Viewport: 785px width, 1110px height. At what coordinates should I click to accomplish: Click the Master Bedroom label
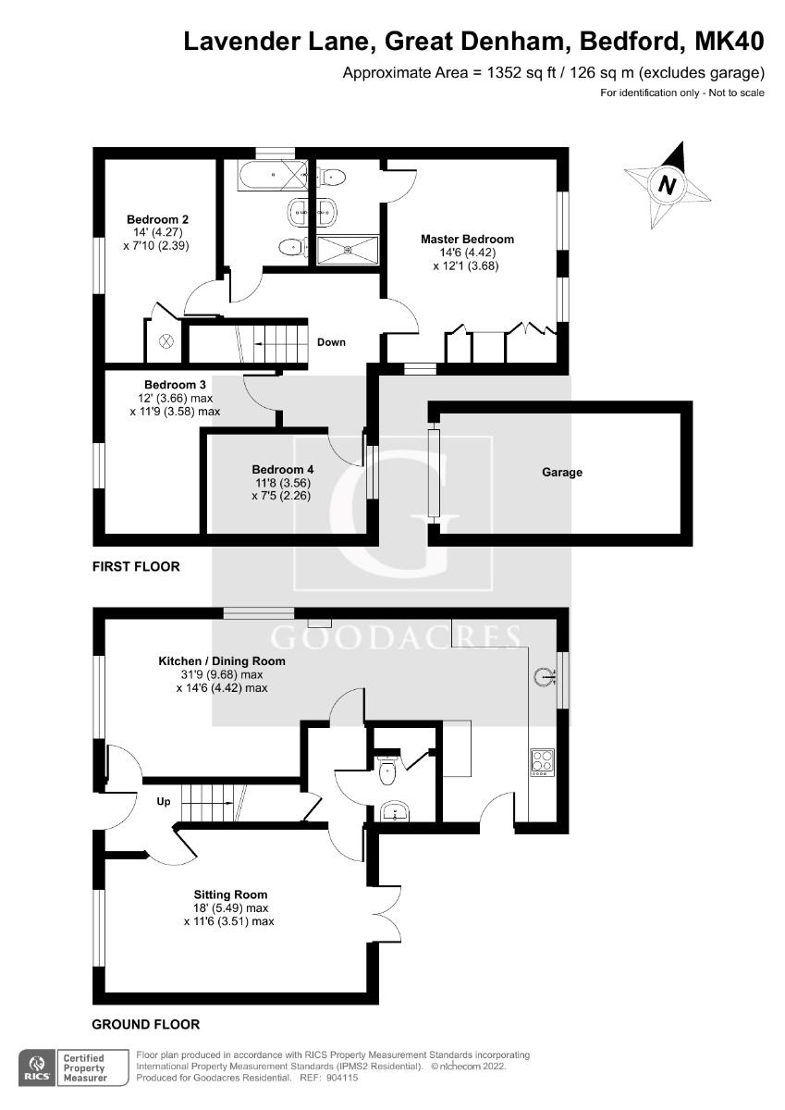(467, 239)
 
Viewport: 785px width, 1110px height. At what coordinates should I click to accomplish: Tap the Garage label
(562, 472)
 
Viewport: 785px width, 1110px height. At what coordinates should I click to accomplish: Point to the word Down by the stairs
(331, 342)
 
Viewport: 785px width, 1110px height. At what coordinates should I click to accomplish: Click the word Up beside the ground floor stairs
(161, 800)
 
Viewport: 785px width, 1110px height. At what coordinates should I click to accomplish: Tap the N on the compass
(666, 186)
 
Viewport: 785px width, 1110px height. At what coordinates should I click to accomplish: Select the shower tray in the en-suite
(348, 249)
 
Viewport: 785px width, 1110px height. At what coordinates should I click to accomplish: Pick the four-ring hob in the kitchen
(541, 760)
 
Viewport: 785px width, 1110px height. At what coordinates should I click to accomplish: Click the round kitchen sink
(544, 677)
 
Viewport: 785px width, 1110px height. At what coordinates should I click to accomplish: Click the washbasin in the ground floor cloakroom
(395, 813)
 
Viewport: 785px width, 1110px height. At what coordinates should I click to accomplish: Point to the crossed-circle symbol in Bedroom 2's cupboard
(166, 340)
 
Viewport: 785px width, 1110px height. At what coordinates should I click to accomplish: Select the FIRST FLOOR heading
(136, 566)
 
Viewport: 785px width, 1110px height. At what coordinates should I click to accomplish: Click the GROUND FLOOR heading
(145, 1024)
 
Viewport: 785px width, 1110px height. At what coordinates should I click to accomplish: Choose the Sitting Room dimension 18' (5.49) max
(229, 907)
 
